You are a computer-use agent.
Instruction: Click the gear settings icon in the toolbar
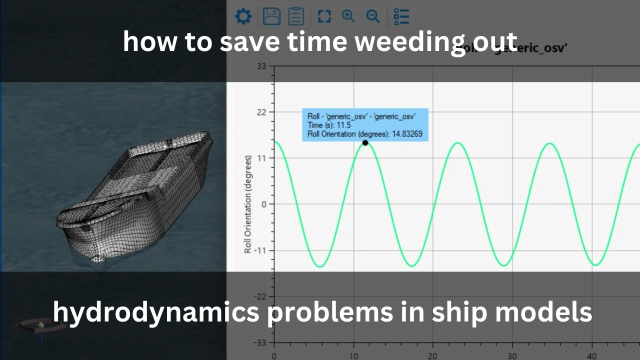tap(243, 16)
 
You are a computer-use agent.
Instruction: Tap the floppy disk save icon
tap(271, 16)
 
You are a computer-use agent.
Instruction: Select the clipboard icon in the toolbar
tap(296, 16)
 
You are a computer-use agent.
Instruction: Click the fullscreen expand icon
tap(324, 16)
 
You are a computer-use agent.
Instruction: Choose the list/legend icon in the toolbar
tap(401, 16)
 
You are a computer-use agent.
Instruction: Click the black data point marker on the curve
tap(365, 143)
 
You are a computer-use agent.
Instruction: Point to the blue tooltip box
tap(365, 125)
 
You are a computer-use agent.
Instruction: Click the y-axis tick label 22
tap(261, 112)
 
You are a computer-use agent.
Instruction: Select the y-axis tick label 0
tap(264, 204)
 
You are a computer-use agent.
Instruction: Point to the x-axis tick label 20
tap(433, 356)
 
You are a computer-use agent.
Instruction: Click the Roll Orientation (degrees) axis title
tap(248, 204)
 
